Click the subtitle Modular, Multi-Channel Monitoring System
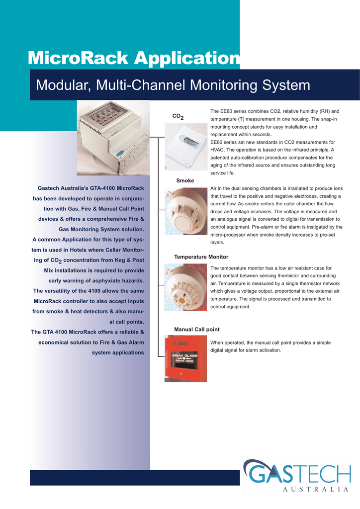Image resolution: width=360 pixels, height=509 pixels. coord(173,85)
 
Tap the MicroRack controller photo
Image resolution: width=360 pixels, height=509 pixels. coord(113,138)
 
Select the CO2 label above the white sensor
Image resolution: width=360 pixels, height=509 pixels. coord(178,117)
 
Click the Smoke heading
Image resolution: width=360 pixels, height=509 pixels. coord(185,180)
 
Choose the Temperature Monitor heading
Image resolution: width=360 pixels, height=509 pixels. coord(201,257)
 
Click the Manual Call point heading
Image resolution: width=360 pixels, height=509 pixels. coord(196,330)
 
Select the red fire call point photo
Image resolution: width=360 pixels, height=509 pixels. coord(185,359)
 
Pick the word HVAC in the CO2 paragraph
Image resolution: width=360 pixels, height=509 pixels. coord(217,150)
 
